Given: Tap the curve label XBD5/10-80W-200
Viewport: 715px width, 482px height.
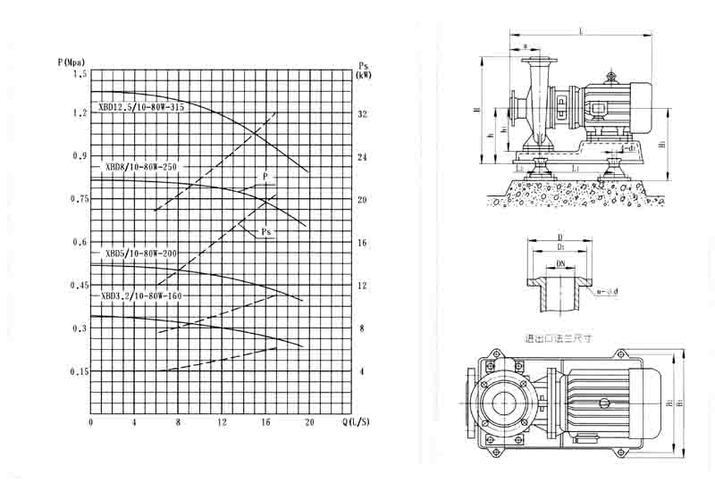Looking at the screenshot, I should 141,253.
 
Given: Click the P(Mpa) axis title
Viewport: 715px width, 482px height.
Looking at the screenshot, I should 72,62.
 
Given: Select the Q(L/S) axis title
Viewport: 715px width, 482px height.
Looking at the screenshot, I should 358,421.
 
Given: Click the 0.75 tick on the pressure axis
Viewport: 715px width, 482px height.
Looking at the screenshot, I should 79,199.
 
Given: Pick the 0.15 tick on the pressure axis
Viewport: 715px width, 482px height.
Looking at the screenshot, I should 79,371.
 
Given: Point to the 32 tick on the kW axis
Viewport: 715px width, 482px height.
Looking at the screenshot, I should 362,114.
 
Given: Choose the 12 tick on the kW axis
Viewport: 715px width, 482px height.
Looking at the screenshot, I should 362,286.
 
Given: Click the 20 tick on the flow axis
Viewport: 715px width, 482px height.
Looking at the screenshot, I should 309,422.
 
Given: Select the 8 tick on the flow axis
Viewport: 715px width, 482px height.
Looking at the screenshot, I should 178,422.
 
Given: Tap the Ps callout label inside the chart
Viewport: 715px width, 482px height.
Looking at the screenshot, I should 266,232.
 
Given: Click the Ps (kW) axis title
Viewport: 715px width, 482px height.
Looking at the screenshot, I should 364,71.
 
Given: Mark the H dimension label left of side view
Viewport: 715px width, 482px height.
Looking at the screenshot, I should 477,111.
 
